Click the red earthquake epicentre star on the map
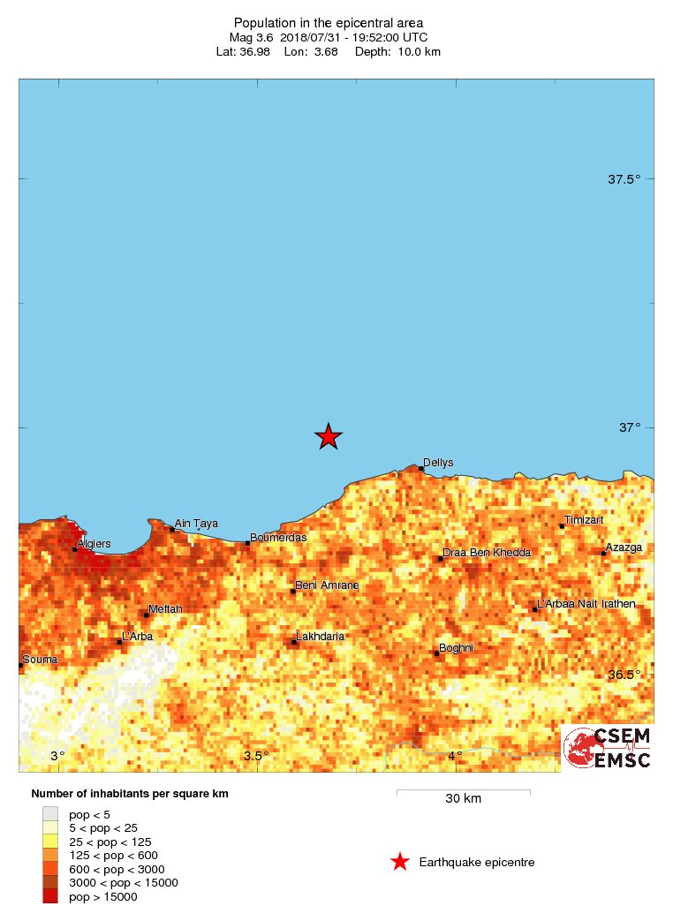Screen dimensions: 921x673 click(x=329, y=435)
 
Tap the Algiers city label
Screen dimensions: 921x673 click(x=95, y=545)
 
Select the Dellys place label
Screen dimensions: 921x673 click(x=438, y=462)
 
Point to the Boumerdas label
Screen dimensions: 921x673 click(x=278, y=538)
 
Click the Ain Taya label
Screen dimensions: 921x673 click(x=196, y=523)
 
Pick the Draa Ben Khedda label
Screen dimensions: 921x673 click(x=487, y=553)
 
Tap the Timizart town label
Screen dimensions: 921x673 click(x=584, y=520)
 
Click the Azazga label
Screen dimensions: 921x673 click(x=624, y=547)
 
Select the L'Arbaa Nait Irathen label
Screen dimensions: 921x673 click(x=586, y=604)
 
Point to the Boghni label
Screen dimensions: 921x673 click(x=456, y=648)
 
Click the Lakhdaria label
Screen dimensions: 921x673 click(x=320, y=637)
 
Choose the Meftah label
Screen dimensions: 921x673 click(x=166, y=609)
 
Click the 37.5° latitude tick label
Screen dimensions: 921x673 click(x=624, y=180)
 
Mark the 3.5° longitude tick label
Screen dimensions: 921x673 click(x=256, y=756)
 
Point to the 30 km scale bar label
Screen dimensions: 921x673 click(x=463, y=799)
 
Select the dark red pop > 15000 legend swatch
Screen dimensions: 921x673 click(x=50, y=896)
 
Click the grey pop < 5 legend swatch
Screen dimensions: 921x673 click(x=50, y=814)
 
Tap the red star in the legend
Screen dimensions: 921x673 click(x=400, y=862)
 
